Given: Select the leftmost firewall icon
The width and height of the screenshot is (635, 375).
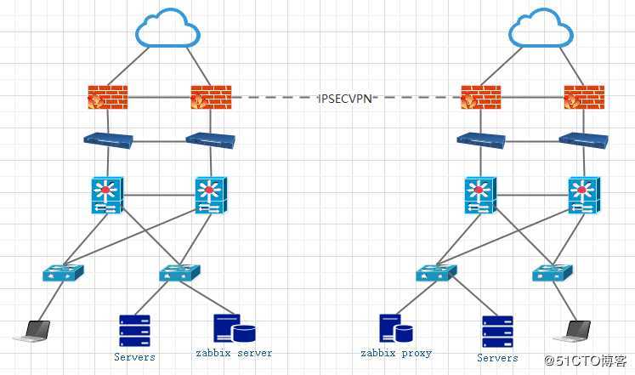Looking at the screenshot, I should point(108,97).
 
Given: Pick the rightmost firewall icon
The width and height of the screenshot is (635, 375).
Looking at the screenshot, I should point(584,97).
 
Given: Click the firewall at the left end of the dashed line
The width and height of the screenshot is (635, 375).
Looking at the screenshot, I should point(211,97).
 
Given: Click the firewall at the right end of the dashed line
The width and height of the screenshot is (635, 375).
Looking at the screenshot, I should point(481,97).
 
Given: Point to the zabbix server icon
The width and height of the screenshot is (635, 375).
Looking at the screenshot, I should point(235,329).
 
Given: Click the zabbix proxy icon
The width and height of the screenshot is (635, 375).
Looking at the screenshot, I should point(395,329).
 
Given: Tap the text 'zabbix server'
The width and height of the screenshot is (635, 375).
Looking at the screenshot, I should point(235,353).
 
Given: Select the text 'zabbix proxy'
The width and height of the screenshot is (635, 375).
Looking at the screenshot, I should point(396,353).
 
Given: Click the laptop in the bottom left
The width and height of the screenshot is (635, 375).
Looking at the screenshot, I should point(32,331).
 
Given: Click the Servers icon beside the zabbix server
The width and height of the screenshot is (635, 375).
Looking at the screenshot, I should point(134,331).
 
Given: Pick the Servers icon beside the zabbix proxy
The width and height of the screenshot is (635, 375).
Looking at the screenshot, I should point(497,331).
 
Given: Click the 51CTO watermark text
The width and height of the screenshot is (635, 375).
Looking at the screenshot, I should point(587,361).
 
